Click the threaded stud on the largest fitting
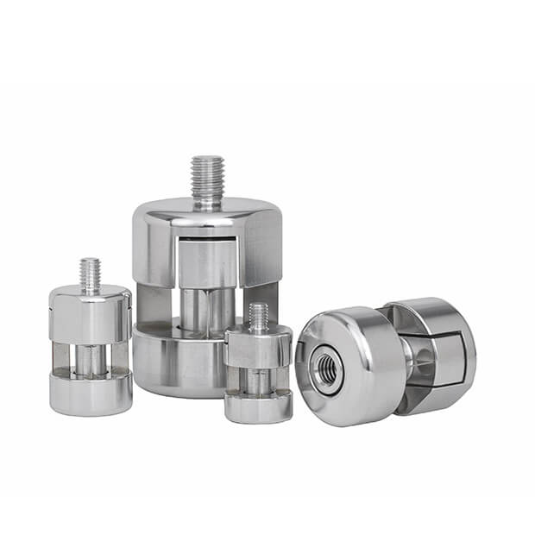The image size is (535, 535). (x=207, y=180)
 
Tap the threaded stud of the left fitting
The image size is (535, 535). (x=91, y=275)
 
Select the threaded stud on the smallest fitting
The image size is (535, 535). (x=258, y=318)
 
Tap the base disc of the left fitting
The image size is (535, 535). (x=91, y=393)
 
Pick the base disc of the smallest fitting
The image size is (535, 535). (x=258, y=406)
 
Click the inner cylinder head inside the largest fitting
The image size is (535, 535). (x=207, y=263)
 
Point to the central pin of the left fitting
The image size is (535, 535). (x=90, y=358)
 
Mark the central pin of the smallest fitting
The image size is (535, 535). (x=258, y=380)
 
